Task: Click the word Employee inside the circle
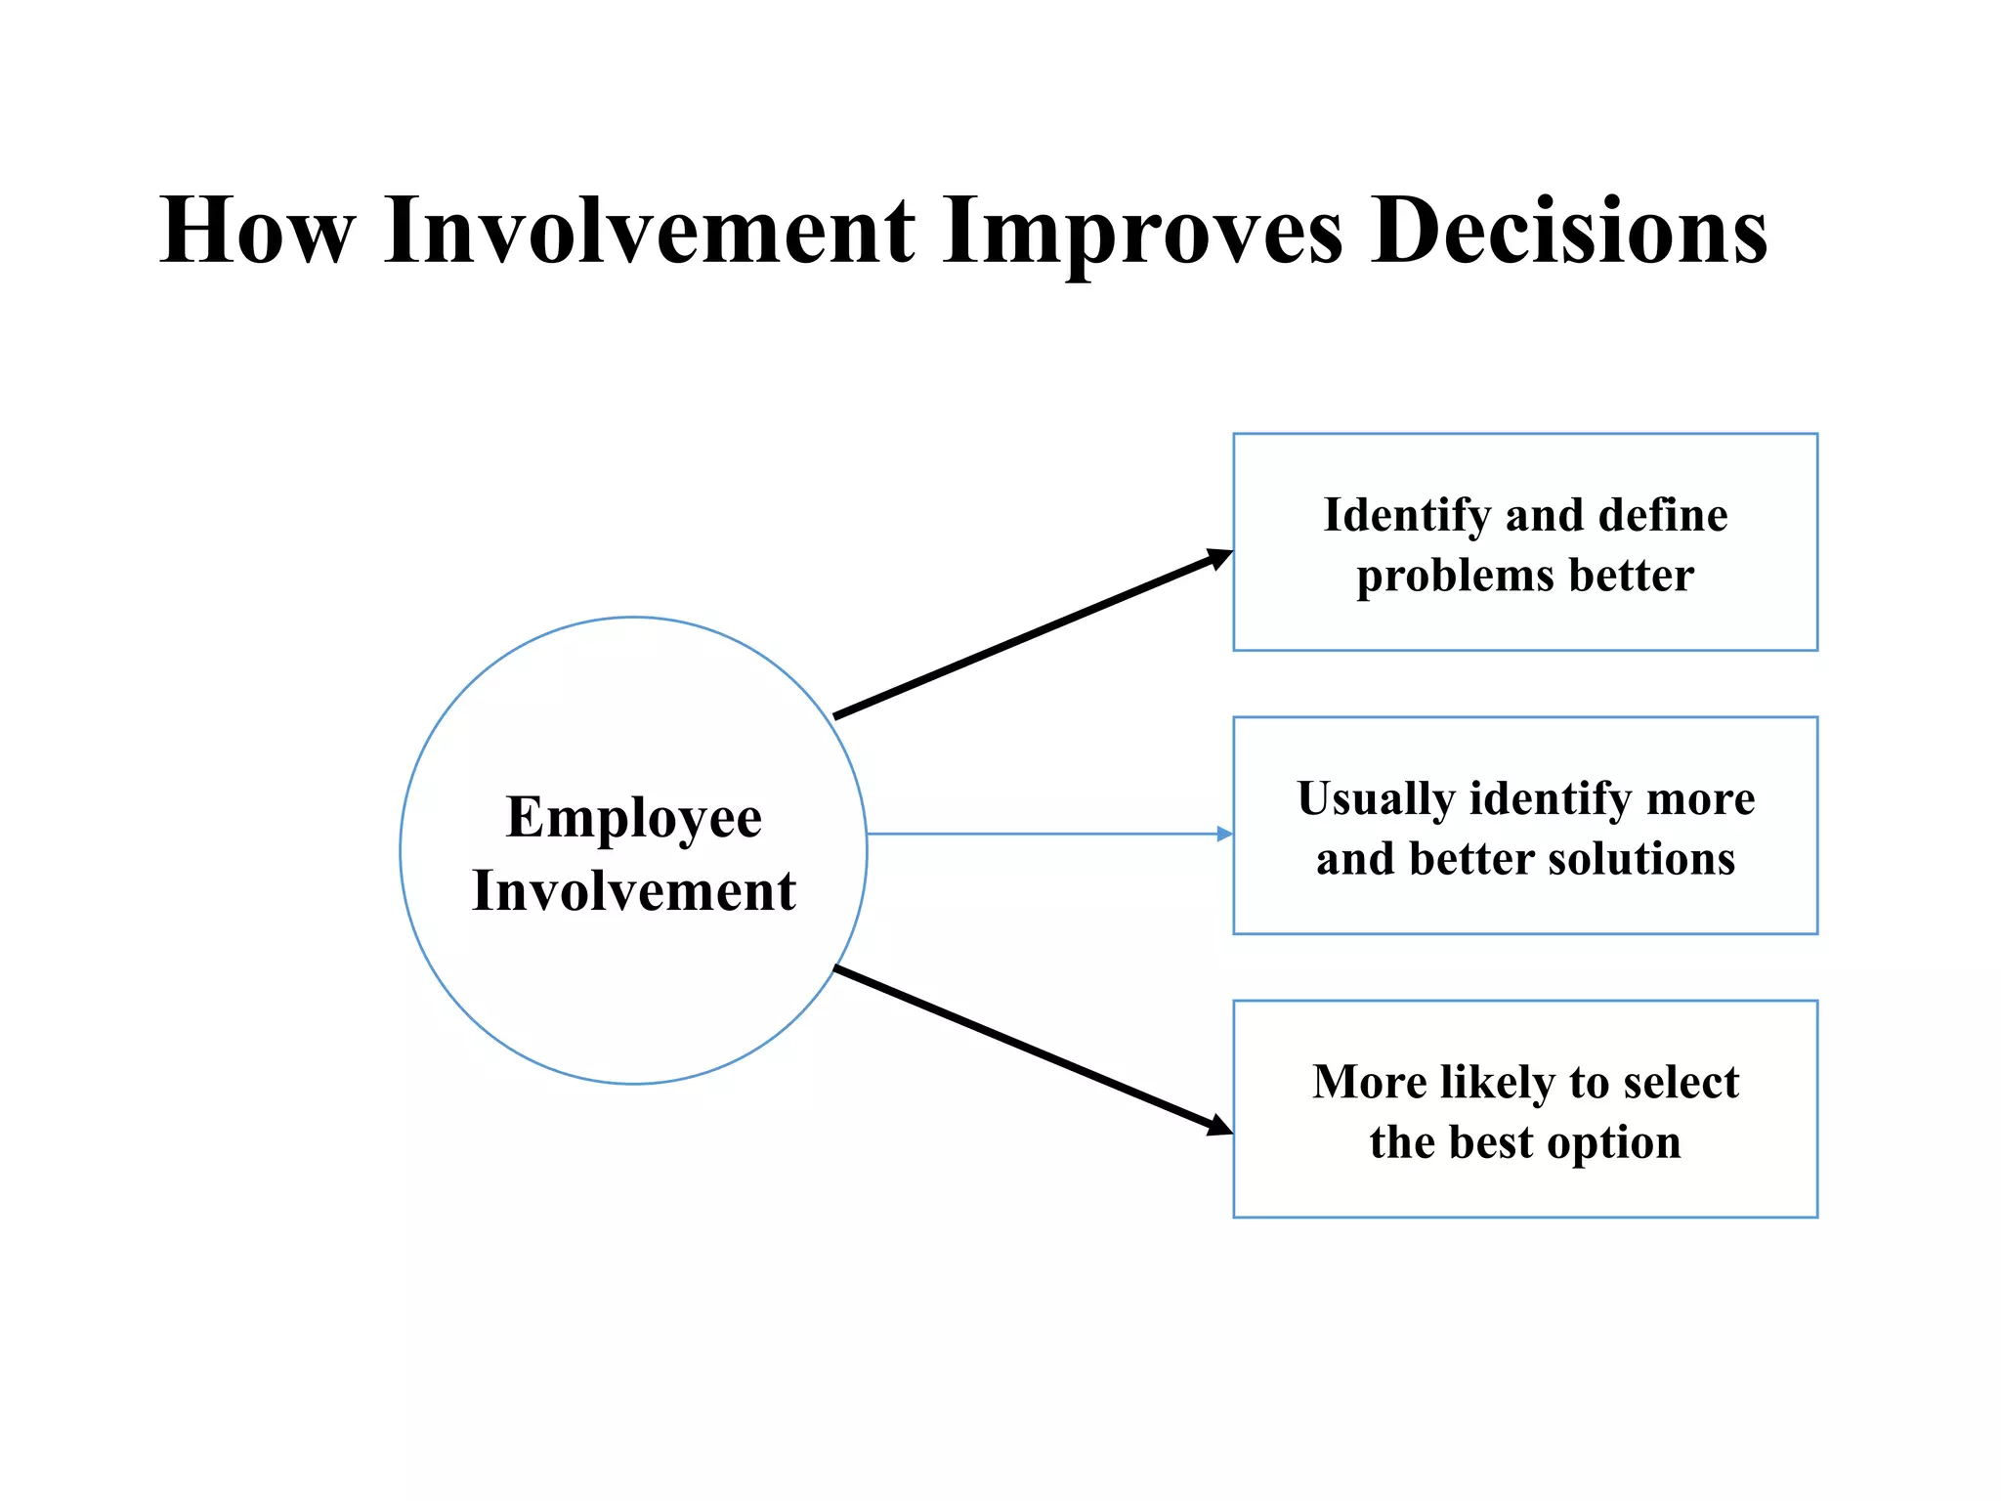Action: tap(634, 817)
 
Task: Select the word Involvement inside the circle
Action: tap(634, 890)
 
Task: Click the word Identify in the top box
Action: tap(1407, 516)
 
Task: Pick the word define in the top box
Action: tap(1662, 515)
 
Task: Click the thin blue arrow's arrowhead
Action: tap(1224, 834)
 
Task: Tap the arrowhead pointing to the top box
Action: tap(1219, 558)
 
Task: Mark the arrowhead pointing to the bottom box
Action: tap(1219, 1127)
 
